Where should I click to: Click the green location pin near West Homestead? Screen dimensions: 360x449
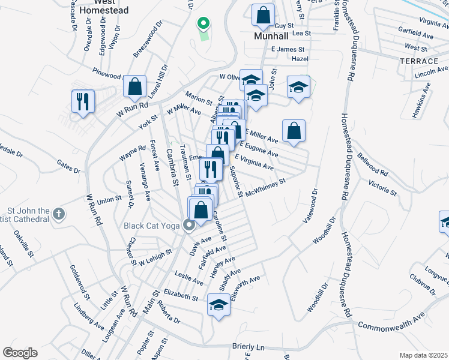pos(203,24)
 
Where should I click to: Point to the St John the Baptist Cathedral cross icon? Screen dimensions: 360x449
pos(58,213)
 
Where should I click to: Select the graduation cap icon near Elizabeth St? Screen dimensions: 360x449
pos(219,304)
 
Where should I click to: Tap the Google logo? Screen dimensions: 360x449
pos(20,352)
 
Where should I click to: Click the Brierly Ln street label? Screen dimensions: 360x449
pos(248,347)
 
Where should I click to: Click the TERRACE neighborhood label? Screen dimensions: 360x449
pos(418,62)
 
